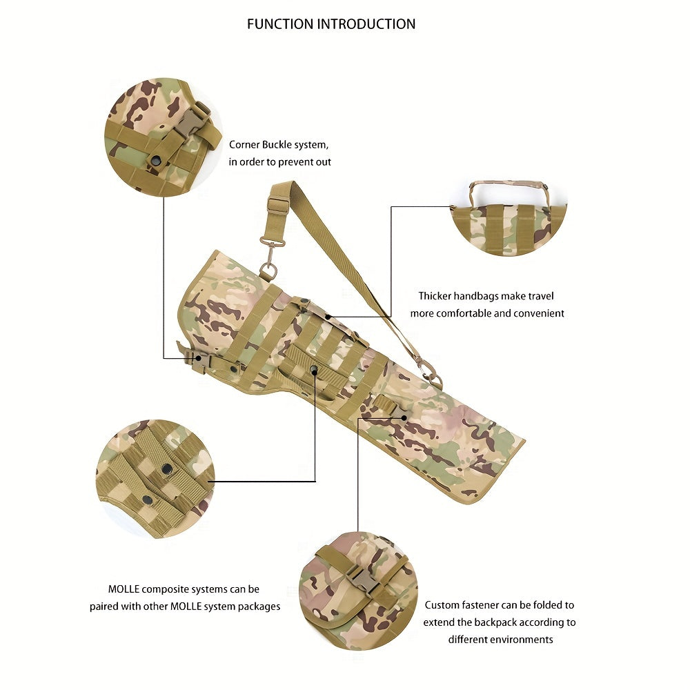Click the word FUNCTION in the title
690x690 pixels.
280,23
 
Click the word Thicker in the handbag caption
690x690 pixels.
435,296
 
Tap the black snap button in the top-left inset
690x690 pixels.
155,160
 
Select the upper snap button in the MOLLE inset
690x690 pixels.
167,469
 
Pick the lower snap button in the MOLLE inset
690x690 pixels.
146,500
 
